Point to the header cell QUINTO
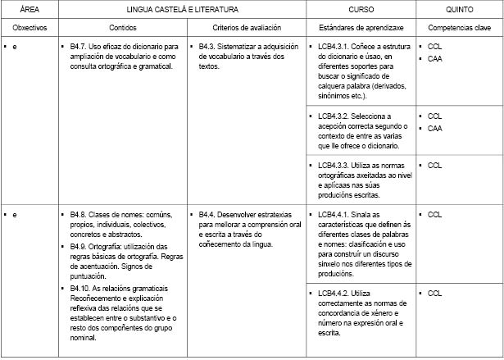458,10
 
